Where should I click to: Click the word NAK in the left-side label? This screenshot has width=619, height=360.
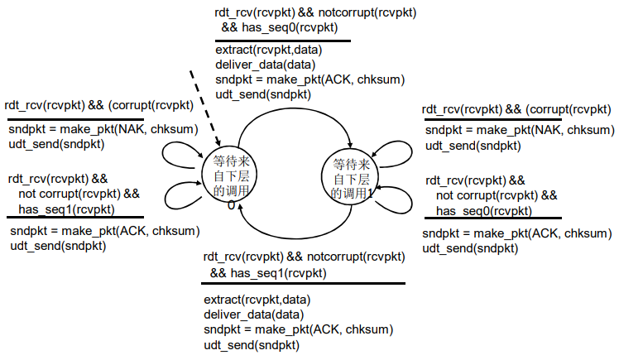[x=130, y=129]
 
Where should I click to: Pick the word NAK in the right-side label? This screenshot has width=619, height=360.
[x=547, y=131]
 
